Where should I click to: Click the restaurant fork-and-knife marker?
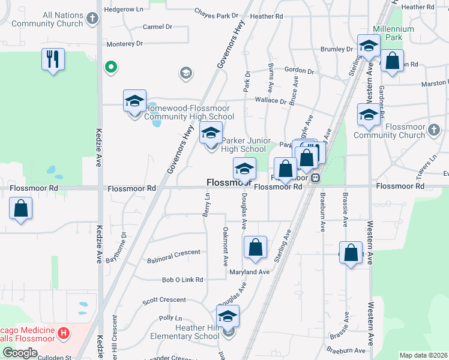pyautogui.click(x=53, y=59)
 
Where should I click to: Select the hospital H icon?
pyautogui.click(x=64, y=332)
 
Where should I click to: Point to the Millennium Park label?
pyautogui.click(x=393, y=33)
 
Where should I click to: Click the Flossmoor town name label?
pyautogui.click(x=228, y=182)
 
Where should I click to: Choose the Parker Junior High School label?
pyautogui.click(x=244, y=145)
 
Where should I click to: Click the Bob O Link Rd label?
pyautogui.click(x=182, y=280)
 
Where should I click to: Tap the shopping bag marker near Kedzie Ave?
pyautogui.click(x=21, y=209)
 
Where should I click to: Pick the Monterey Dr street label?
pyautogui.click(x=124, y=44)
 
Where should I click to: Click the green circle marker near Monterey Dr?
pyautogui.click(x=110, y=67)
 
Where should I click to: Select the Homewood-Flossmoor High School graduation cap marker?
pyautogui.click(x=135, y=102)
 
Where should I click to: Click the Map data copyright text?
pyautogui.click(x=423, y=355)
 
